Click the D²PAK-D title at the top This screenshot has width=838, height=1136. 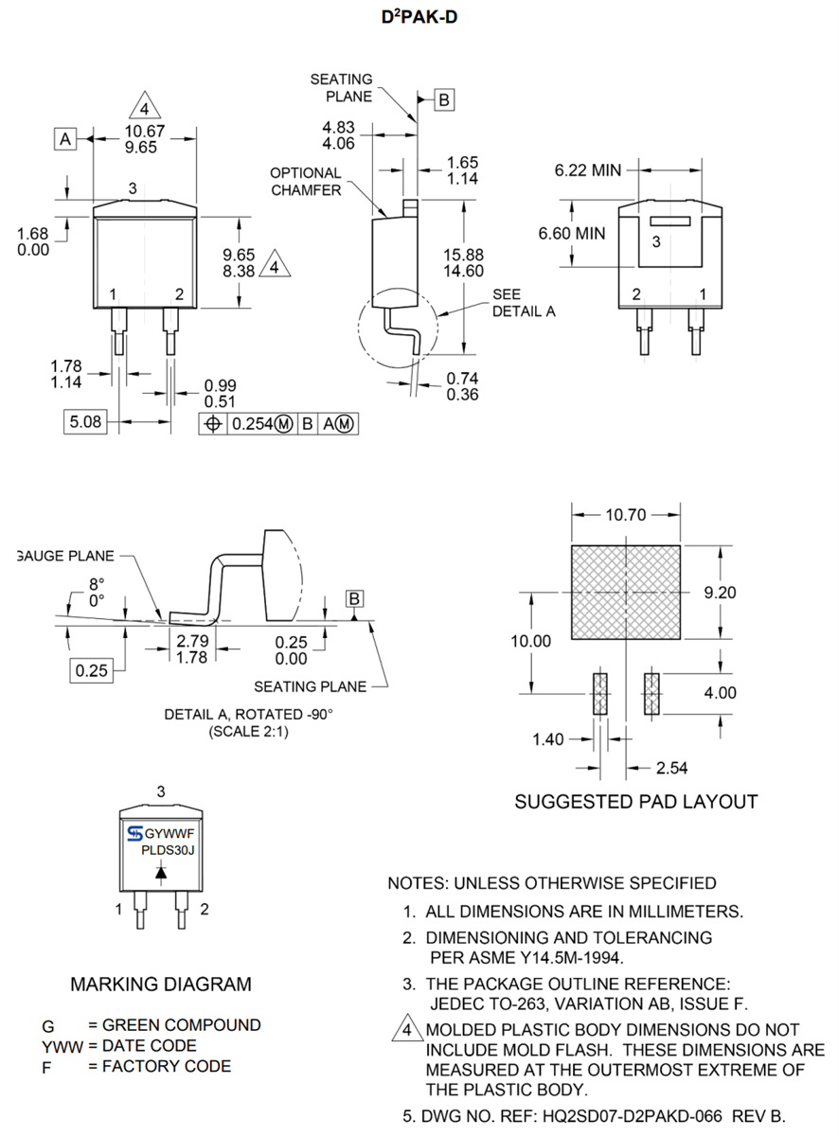pyautogui.click(x=419, y=18)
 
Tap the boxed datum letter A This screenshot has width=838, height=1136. pyautogui.click(x=64, y=139)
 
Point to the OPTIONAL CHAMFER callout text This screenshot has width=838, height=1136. pyautogui.click(x=305, y=181)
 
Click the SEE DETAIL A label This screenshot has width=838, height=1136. pyautogui.click(x=523, y=302)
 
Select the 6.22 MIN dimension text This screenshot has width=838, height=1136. pyautogui.click(x=587, y=170)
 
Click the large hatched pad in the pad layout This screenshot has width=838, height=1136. pyautogui.click(x=625, y=592)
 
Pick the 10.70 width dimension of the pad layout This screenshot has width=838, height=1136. pyautogui.click(x=626, y=516)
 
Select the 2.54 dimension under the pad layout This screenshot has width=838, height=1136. pyautogui.click(x=673, y=766)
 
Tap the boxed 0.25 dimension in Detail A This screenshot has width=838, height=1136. pyautogui.click(x=91, y=670)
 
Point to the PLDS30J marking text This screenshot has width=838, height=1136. pyautogui.click(x=167, y=849)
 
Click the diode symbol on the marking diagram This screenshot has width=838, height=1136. pyautogui.click(x=161, y=874)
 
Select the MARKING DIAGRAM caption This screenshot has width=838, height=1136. pyautogui.click(x=161, y=985)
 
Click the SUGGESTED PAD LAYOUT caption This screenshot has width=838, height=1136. pyautogui.click(x=635, y=802)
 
